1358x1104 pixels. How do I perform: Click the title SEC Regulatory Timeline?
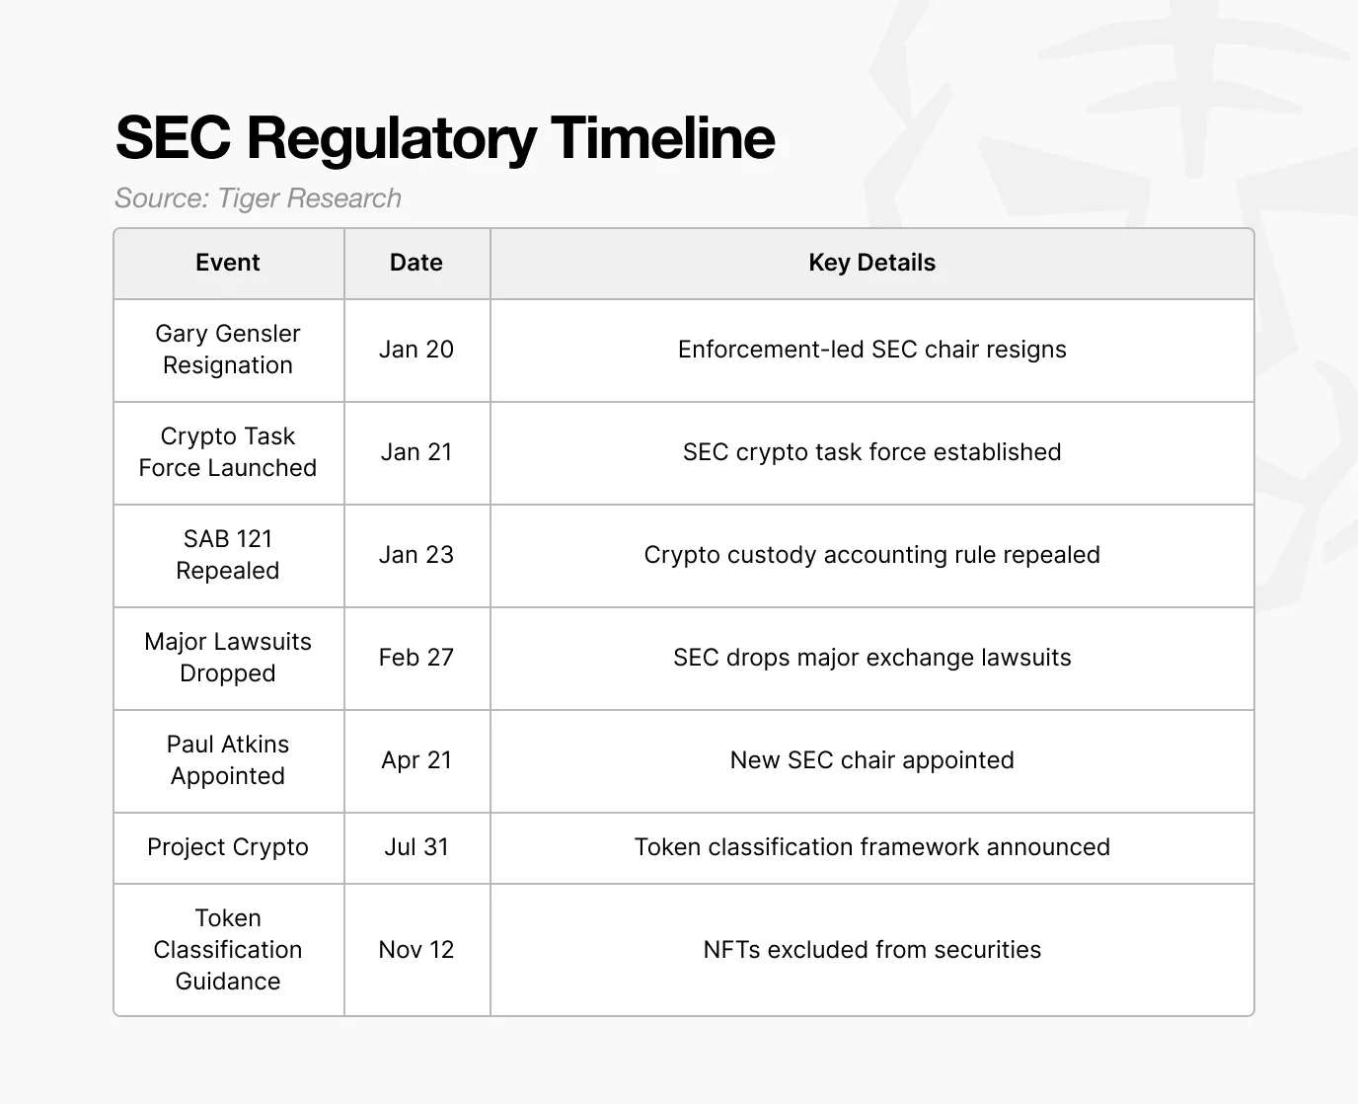[445, 137]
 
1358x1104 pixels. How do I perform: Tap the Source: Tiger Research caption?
[258, 198]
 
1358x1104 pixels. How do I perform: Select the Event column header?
[228, 263]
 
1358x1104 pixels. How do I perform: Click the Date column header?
[416, 263]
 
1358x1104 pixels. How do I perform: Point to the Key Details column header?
[871, 263]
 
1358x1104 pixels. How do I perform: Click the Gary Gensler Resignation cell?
[228, 350]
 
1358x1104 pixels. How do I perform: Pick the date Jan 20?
[416, 350]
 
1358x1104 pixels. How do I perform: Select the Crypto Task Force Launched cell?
[228, 452]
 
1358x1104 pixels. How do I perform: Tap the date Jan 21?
[416, 452]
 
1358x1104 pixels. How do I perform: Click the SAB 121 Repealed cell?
[228, 555]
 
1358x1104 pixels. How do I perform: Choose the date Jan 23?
[416, 555]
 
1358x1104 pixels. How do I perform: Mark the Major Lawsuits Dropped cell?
[228, 658]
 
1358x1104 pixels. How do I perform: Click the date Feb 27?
[416, 658]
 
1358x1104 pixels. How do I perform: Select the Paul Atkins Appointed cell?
[228, 760]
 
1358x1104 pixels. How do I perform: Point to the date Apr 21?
[416, 760]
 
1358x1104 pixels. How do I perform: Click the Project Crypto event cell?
[228, 847]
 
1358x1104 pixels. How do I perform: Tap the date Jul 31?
[416, 847]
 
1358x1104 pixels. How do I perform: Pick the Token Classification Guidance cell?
[228, 950]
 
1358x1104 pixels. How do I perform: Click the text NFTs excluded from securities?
[871, 950]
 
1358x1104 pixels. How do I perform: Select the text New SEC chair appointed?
[871, 760]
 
